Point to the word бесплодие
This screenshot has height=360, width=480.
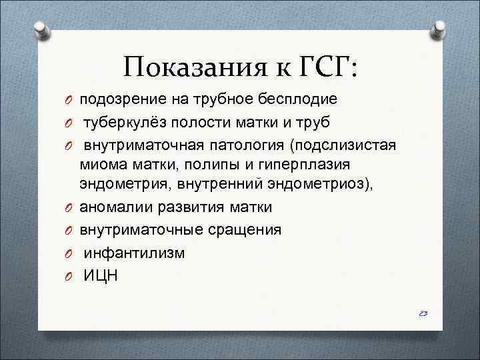[x=294, y=99]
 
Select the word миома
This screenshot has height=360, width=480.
[x=101, y=164]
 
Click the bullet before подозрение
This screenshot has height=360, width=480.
[x=68, y=100]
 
